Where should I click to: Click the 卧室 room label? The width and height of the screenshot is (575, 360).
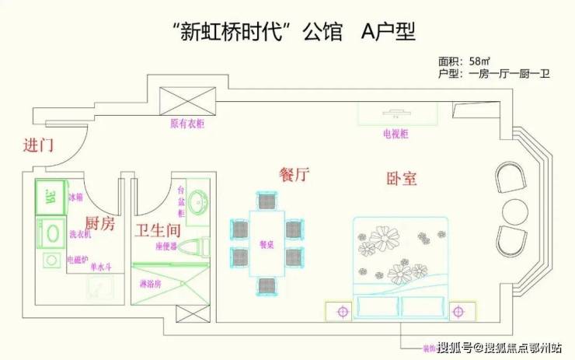[x=402, y=178]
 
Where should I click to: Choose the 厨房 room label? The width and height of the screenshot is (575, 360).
[x=99, y=225]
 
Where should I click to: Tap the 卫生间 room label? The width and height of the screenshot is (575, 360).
[x=158, y=230]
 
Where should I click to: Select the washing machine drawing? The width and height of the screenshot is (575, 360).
[x=51, y=232]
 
